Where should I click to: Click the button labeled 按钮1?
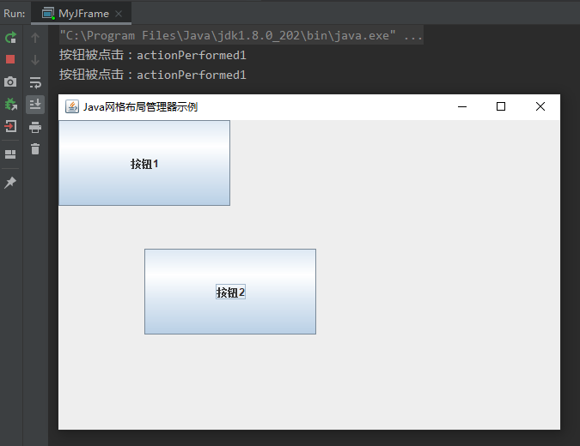click(144, 163)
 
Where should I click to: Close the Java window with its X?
click(540, 106)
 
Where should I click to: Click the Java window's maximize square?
click(501, 106)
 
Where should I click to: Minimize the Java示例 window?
click(462, 106)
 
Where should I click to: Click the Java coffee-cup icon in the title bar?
click(72, 106)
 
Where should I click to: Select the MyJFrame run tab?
click(82, 14)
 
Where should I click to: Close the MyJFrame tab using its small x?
click(119, 14)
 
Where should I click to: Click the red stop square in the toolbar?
click(10, 59)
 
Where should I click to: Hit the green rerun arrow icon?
click(10, 38)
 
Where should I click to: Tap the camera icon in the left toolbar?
click(10, 81)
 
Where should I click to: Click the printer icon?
click(35, 127)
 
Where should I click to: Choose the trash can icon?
click(35, 149)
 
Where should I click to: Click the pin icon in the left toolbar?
click(10, 183)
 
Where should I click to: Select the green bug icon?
click(10, 104)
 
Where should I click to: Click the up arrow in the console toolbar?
click(35, 38)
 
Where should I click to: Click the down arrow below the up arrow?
click(35, 60)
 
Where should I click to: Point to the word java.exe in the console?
click(369, 36)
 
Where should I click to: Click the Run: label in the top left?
click(14, 14)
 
